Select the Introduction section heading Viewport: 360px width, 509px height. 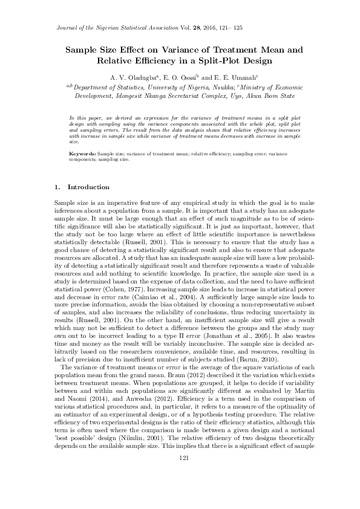click(x=88, y=187)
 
